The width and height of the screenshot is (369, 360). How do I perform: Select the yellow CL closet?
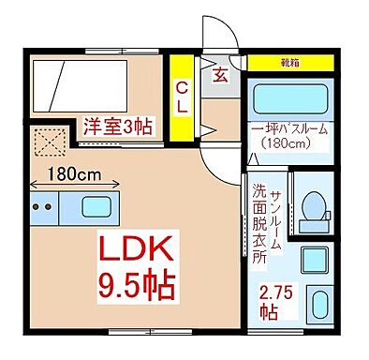click(x=179, y=97)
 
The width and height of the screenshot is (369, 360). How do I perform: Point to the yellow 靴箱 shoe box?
click(x=290, y=65)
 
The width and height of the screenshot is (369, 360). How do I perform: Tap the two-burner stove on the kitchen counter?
click(x=40, y=206)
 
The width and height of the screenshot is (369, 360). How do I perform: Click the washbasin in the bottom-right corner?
click(x=319, y=305)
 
